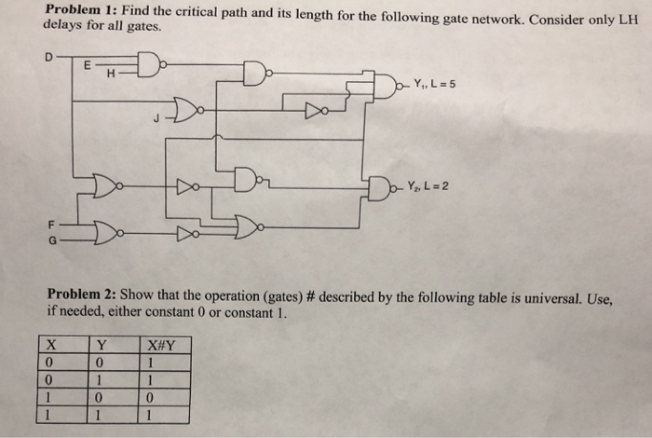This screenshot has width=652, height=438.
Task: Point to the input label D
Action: pyautogui.click(x=49, y=56)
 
